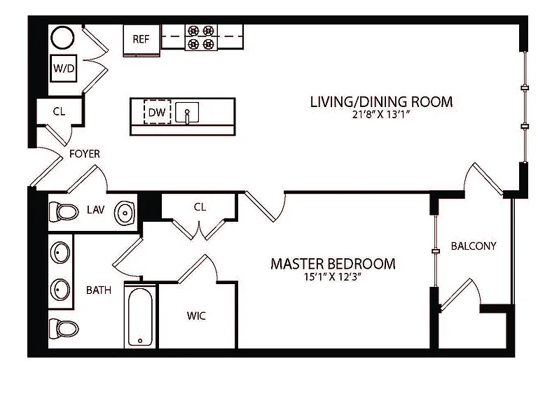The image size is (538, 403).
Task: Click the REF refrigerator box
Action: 142,40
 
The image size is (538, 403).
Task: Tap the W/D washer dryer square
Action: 64,68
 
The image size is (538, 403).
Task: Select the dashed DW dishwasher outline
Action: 157,112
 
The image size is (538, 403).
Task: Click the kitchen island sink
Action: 187,112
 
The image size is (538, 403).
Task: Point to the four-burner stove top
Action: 201,37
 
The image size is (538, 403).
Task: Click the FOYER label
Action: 84,154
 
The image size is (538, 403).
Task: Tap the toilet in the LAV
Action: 64,212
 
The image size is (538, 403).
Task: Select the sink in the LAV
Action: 125,213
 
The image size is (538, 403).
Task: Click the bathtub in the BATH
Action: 140,316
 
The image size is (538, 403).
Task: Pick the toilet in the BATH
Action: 64,328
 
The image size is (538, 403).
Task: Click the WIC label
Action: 196,316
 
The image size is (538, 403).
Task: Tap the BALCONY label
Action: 474,246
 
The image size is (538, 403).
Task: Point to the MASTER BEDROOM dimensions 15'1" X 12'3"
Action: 333,277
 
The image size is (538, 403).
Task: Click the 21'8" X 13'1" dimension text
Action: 381,115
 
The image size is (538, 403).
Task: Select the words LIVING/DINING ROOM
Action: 381,101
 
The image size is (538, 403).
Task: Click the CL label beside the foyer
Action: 59,111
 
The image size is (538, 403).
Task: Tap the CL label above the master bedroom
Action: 200,207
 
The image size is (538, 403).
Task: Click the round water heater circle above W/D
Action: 62,38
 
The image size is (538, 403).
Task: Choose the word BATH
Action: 99,290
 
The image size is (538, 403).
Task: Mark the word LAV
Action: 96,210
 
